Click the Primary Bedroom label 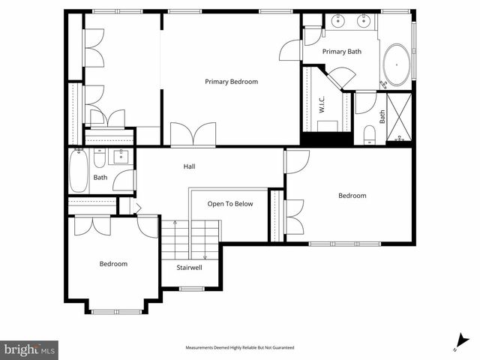click(232, 82)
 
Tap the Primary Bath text click(342, 52)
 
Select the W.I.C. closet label click(321, 104)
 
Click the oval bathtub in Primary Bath click(397, 64)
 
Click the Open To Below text click(230, 204)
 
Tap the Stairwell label click(188, 267)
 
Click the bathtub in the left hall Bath click(79, 171)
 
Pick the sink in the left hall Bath click(121, 157)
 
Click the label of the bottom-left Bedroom click(114, 264)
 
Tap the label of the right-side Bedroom click(352, 196)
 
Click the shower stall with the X click(398, 117)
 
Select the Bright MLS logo click(29, 349)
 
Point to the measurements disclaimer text click(240, 348)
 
